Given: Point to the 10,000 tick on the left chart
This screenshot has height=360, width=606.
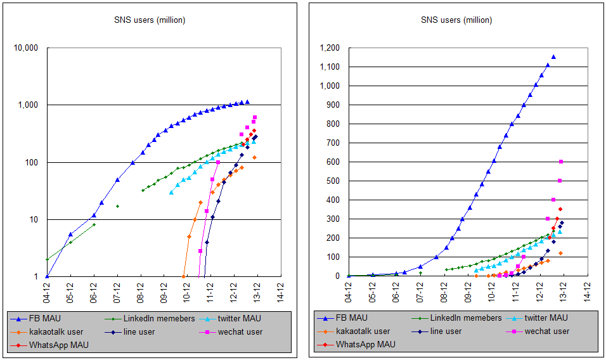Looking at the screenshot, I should pyautogui.click(x=26, y=48).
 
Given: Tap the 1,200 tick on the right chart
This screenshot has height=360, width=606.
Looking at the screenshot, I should pyautogui.click(x=329, y=48).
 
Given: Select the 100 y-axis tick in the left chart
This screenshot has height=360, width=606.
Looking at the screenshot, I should pyautogui.click(x=32, y=162).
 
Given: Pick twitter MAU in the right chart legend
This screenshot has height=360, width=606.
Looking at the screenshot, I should pyautogui.click(x=546, y=318).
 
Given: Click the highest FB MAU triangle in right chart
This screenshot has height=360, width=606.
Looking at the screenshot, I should pyautogui.click(x=553, y=57).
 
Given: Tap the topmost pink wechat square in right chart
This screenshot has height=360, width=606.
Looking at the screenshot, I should pyautogui.click(x=560, y=162).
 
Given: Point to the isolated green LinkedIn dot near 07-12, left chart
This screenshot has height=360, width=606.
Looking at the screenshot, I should pyautogui.click(x=117, y=206).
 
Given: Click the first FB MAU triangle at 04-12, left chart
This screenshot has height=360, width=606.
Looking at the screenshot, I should pyautogui.click(x=47, y=276).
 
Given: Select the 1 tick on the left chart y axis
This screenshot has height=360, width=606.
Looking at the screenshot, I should pyautogui.click(x=37, y=277).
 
